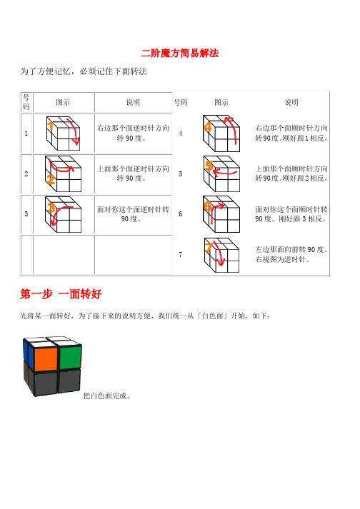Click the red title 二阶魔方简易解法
coord(179,53)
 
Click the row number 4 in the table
coord(181,133)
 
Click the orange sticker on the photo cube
coord(46,358)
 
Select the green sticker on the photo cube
coord(70,358)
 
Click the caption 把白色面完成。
coord(107,395)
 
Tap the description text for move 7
coord(291,255)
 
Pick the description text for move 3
coord(134,214)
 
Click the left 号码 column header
coord(26,102)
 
